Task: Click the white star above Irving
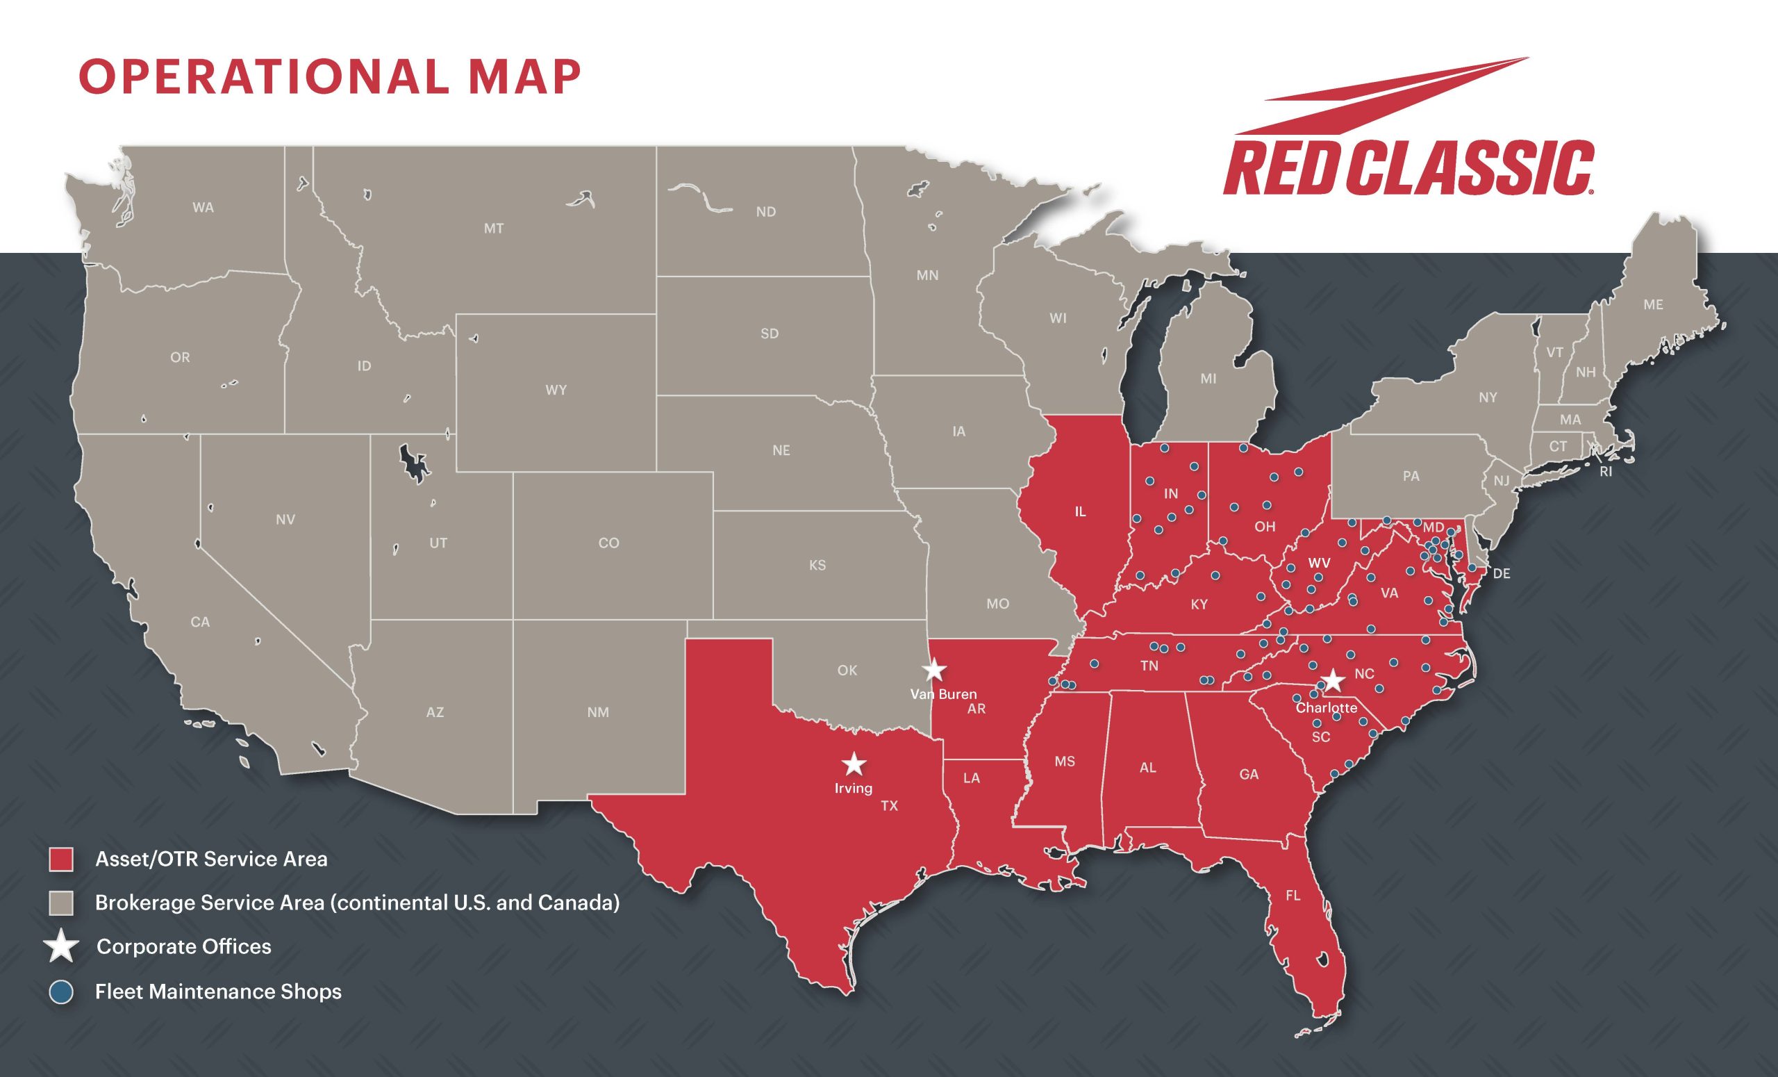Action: [x=854, y=763]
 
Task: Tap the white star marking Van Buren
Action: [x=934, y=670]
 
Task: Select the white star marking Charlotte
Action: [x=1333, y=680]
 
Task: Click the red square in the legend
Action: [x=61, y=859]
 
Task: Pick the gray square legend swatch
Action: [x=61, y=903]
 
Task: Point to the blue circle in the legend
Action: [x=61, y=991]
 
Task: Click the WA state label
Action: [x=203, y=208]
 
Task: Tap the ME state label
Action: [x=1653, y=304]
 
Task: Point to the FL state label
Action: [x=1293, y=896]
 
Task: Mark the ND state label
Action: [x=765, y=212]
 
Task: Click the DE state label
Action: [x=1501, y=574]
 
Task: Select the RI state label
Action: [x=1606, y=472]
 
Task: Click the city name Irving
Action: [x=854, y=788]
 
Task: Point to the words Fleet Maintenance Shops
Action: [x=218, y=992]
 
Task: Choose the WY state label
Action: [x=556, y=390]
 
